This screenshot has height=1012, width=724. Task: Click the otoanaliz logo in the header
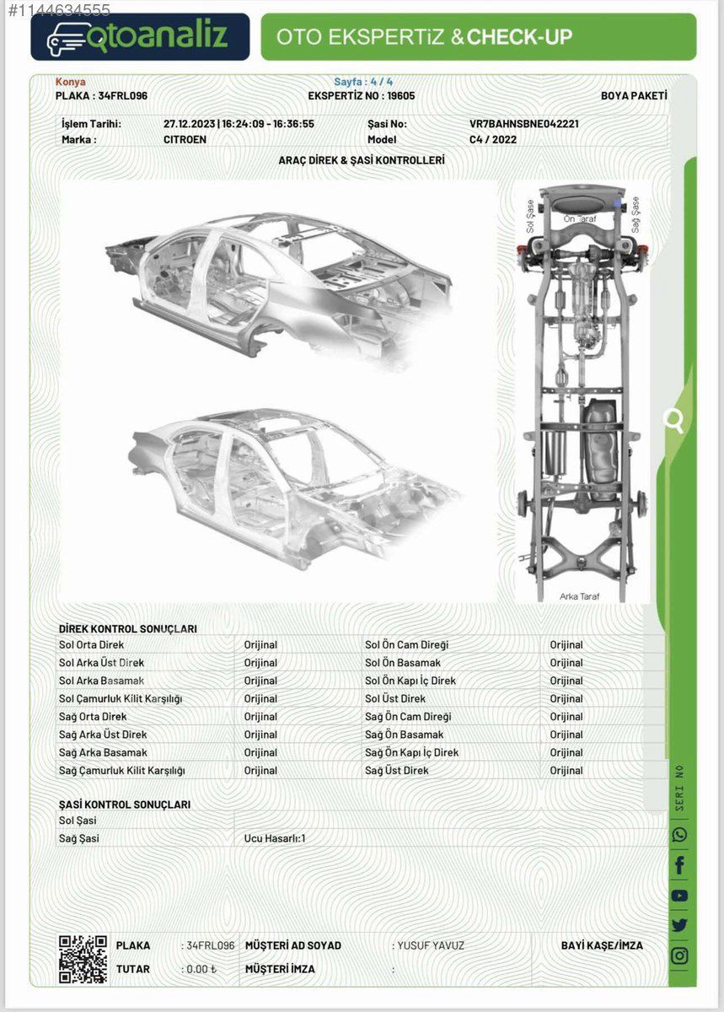click(140, 37)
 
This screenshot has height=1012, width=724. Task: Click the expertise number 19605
click(400, 96)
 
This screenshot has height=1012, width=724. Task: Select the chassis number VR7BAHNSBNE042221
click(524, 124)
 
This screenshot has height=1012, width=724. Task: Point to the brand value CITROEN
click(185, 140)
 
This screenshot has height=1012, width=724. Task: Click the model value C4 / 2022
click(493, 140)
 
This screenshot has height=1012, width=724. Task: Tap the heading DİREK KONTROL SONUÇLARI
click(128, 629)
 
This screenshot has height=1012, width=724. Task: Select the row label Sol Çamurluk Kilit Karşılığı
click(121, 699)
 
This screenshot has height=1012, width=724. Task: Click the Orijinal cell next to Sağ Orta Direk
click(260, 717)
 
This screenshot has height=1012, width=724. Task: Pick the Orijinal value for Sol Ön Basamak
click(566, 663)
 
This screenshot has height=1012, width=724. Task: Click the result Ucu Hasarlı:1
click(275, 838)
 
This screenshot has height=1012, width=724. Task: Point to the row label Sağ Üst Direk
click(396, 770)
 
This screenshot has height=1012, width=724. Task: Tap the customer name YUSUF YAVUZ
click(431, 945)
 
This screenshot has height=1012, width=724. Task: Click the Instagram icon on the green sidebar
click(679, 955)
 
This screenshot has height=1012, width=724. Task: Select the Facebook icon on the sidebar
click(679, 865)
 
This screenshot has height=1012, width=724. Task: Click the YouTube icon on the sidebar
click(679, 896)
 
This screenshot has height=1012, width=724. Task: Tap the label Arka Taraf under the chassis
click(580, 596)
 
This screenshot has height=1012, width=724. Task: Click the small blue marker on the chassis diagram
click(618, 203)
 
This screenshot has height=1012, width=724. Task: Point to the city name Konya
click(71, 82)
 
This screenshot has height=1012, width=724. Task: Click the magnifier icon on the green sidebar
click(673, 421)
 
